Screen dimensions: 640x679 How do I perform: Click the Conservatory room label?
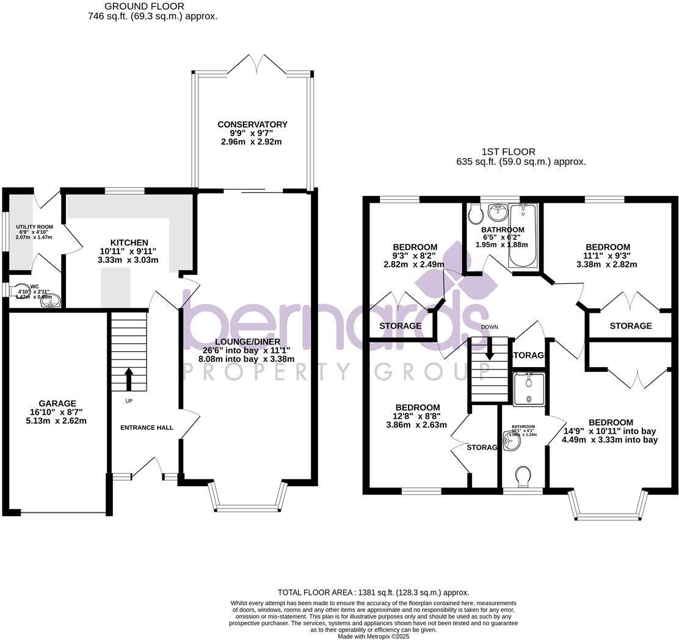coord(252,125)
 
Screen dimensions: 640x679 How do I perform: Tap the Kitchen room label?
coord(129,242)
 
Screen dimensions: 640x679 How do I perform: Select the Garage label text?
coord(57,404)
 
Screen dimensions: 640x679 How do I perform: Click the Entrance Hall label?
coord(147,427)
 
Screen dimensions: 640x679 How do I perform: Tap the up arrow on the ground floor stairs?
coord(129,379)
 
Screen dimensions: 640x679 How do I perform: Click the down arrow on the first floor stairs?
coord(489,352)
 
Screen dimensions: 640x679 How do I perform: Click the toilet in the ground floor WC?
coord(22,291)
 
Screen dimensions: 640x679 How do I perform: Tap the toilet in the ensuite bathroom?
coord(523,476)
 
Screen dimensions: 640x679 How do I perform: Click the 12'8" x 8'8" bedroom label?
coord(418,408)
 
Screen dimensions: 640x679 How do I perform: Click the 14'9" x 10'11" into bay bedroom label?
coord(611,423)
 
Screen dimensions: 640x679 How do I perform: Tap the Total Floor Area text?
coord(373,592)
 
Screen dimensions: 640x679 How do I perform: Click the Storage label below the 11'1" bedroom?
coord(631,326)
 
